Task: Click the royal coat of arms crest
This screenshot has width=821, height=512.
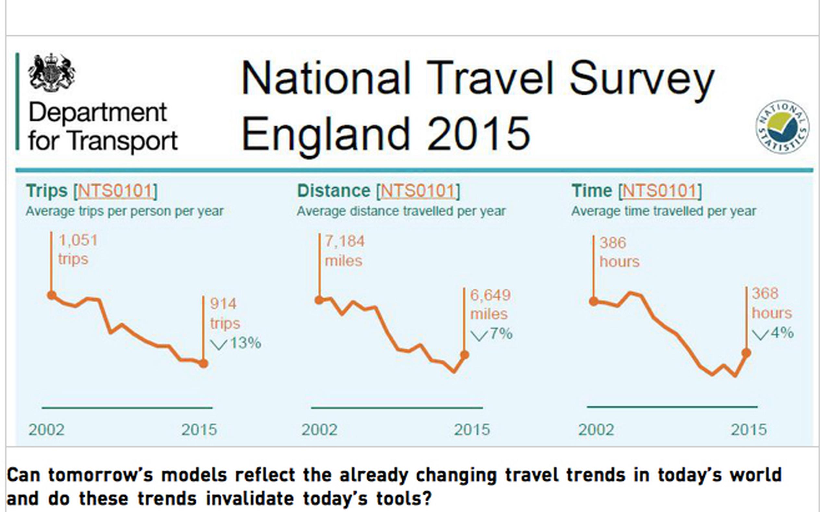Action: tap(52, 72)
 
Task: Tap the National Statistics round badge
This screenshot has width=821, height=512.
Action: tap(782, 127)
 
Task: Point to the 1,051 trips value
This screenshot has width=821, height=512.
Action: tap(78, 250)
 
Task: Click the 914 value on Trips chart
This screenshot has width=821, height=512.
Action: tap(223, 303)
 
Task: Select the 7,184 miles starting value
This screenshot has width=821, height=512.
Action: tap(345, 251)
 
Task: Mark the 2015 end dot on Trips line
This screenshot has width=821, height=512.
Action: tap(203, 363)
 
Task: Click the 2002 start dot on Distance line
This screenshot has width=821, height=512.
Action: tap(319, 300)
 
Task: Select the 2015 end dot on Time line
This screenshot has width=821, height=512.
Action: tap(746, 353)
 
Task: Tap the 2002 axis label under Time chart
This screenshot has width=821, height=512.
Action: tap(596, 430)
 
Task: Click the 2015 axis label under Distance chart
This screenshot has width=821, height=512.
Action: tap(472, 430)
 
